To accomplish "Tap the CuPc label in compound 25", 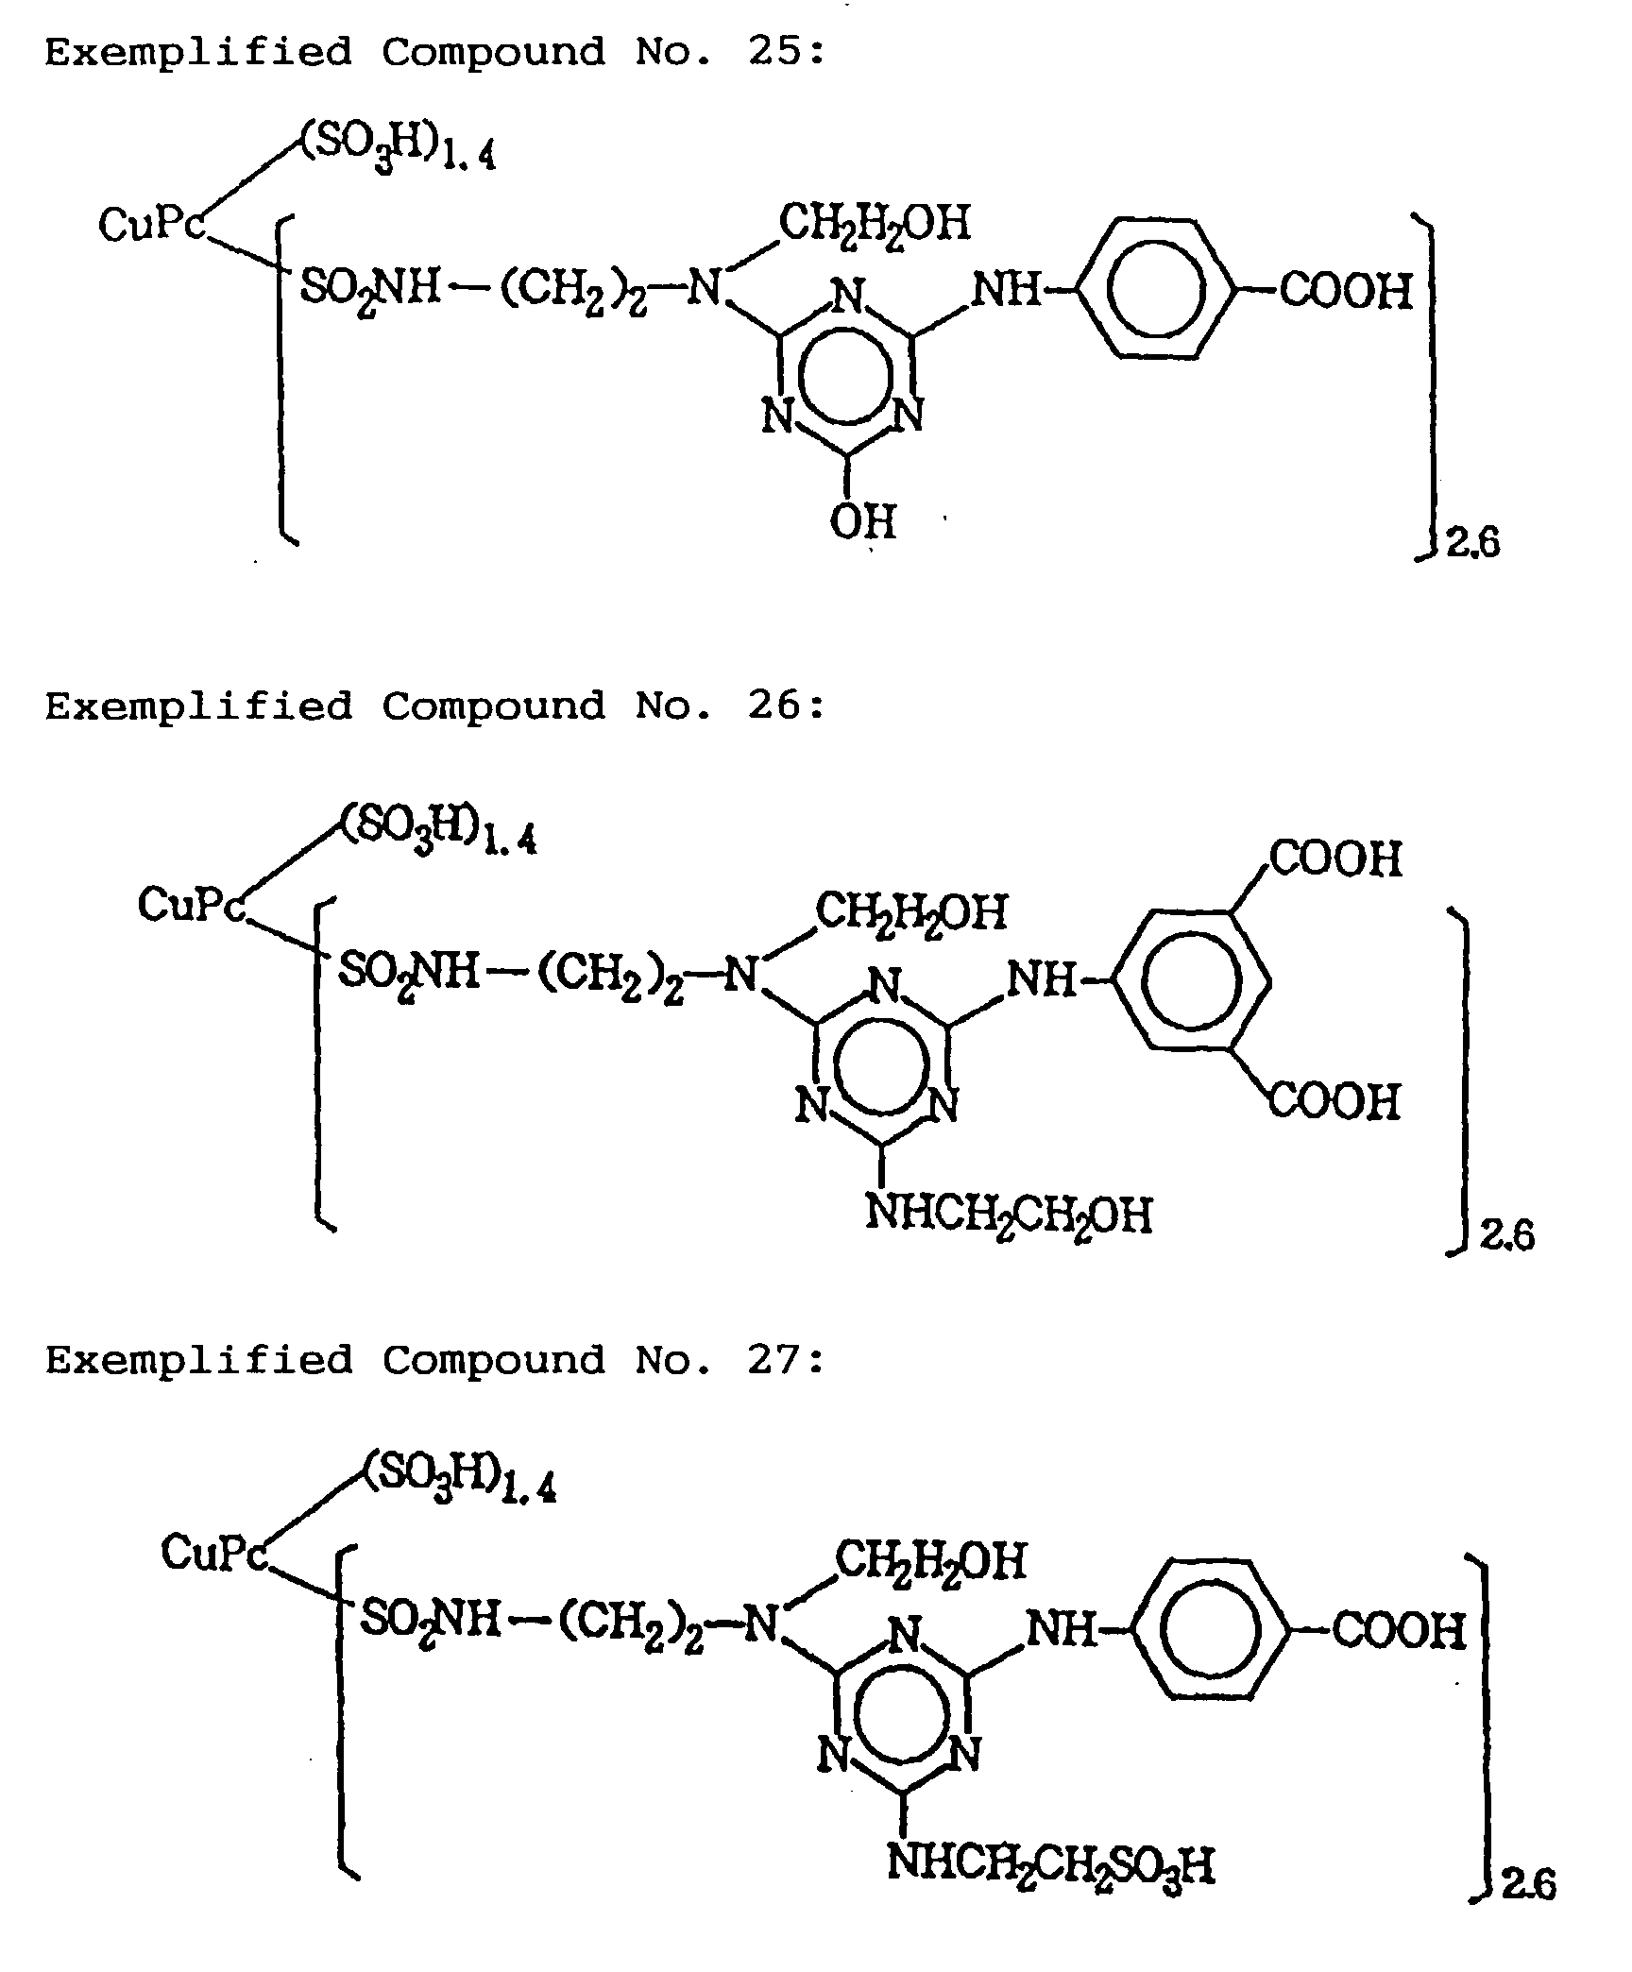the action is click(151, 225).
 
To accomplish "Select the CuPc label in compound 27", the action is click(213, 1551).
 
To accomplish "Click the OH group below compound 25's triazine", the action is click(862, 520).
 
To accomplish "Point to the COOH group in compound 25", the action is click(1346, 290).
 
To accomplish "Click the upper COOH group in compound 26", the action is click(1335, 858).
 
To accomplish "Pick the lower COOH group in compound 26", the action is click(1334, 1101).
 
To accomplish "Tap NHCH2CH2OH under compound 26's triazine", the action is click(1009, 1215).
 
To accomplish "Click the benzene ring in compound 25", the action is click(1155, 289).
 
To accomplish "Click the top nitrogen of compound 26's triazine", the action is click(884, 986).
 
